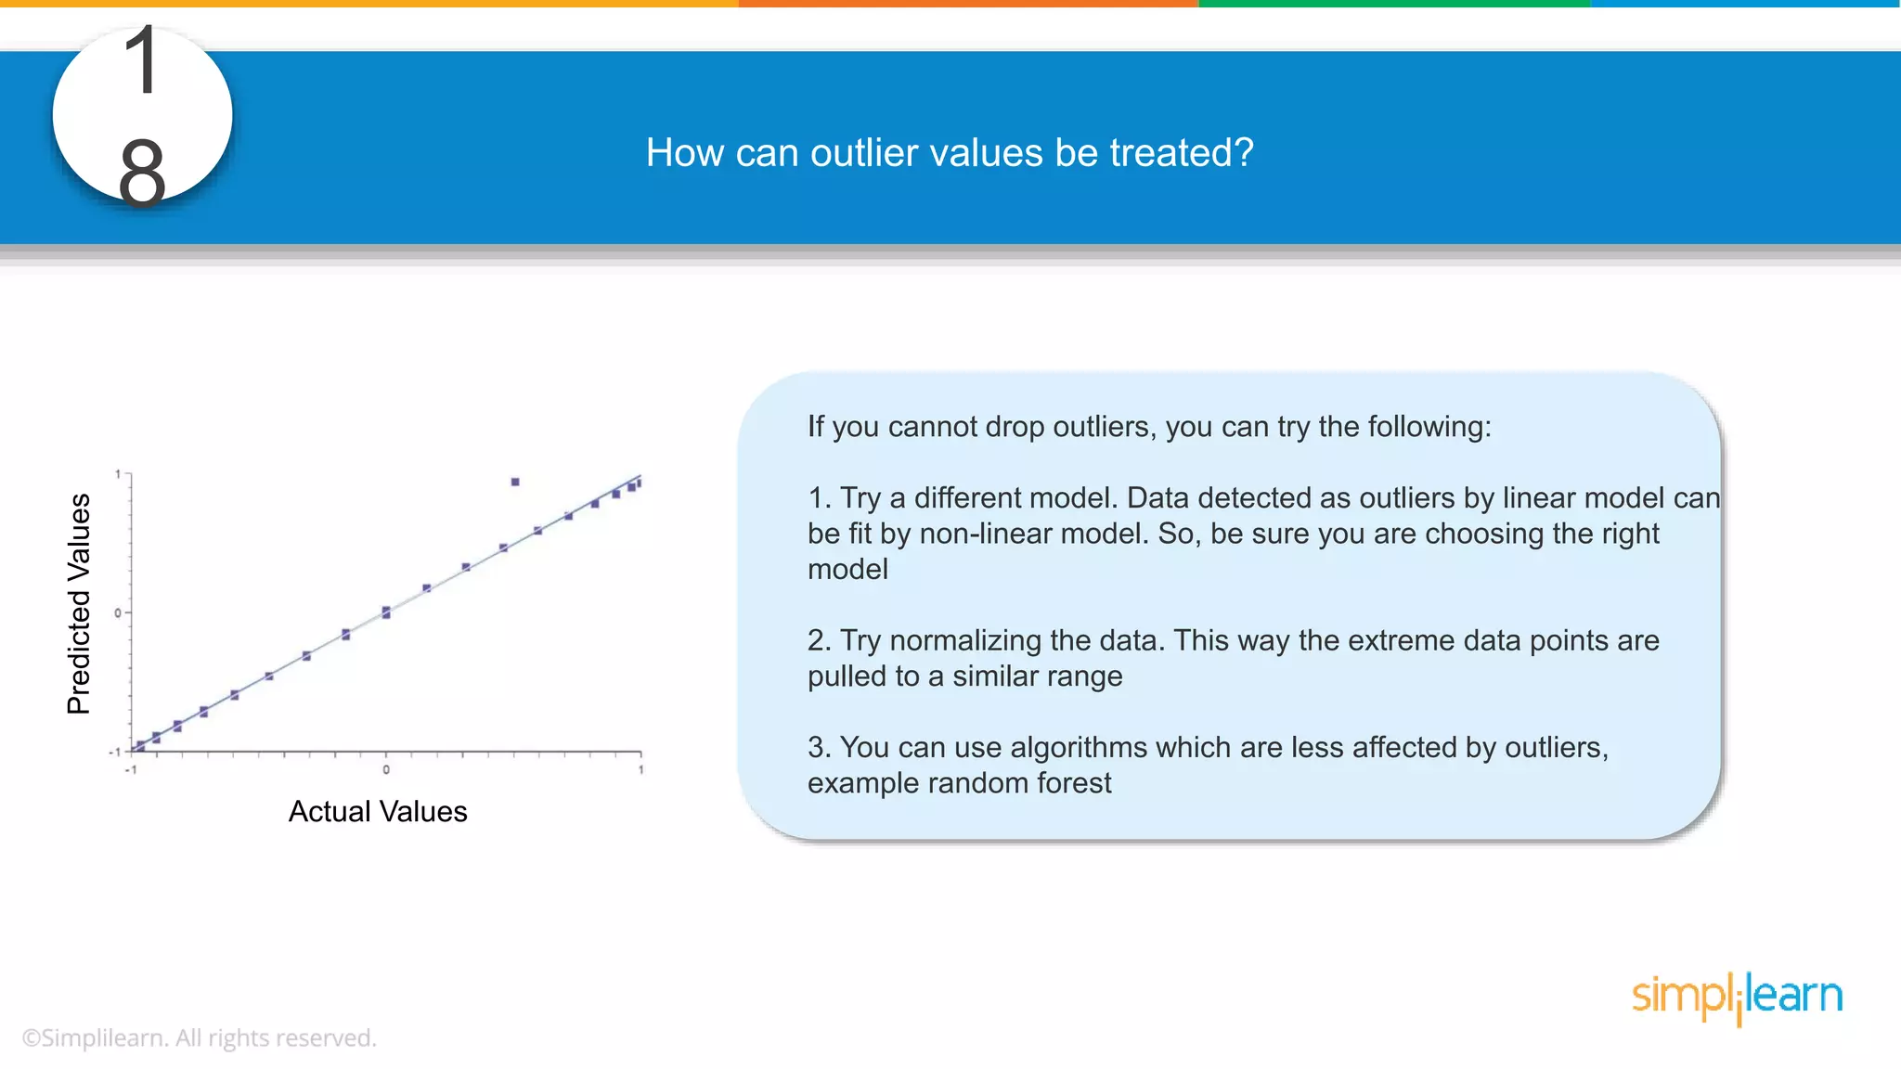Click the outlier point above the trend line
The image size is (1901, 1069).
pos(515,482)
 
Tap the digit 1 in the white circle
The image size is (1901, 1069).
pos(143,61)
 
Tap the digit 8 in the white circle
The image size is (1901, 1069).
pos(142,173)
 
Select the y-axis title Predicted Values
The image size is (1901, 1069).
pos(79,603)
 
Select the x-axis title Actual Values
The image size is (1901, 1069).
pos(378,812)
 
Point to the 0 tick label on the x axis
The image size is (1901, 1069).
pos(386,769)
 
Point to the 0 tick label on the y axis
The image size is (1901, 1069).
pos(118,612)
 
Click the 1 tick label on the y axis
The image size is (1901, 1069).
pos(118,474)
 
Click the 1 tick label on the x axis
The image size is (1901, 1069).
pos(640,769)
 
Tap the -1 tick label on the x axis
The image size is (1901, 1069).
pos(131,769)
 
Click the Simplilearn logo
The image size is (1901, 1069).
pos(1737,998)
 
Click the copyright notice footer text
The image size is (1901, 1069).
pos(200,1037)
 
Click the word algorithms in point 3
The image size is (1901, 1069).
pos(1080,747)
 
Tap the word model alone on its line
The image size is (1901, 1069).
pos(847,569)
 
